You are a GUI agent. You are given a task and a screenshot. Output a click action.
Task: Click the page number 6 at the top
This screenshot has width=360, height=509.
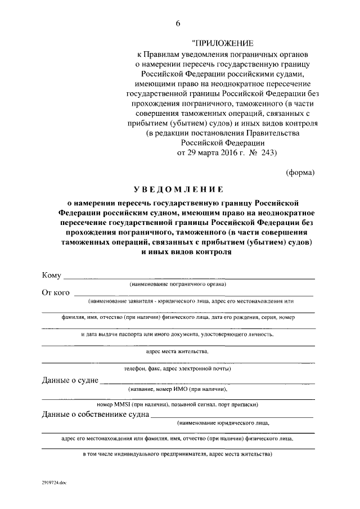(x=179, y=23)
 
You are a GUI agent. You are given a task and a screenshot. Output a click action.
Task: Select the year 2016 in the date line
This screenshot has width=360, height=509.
(x=227, y=152)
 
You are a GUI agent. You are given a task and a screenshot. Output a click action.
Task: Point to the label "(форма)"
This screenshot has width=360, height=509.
(x=300, y=172)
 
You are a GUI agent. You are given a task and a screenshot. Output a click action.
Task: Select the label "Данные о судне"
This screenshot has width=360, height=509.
(x=70, y=380)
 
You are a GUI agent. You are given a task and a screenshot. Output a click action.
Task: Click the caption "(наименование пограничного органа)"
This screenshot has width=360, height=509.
(x=178, y=285)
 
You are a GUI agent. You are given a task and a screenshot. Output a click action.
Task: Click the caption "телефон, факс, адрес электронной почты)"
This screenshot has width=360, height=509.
(x=177, y=369)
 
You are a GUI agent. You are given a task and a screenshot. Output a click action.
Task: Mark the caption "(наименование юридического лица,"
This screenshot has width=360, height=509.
(x=223, y=422)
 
